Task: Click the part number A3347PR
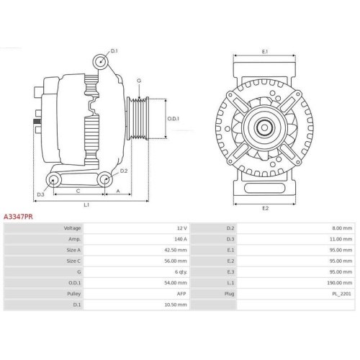click(x=18, y=215)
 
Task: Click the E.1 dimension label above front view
click(x=264, y=52)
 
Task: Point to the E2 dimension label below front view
click(x=264, y=208)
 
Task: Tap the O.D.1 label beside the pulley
click(x=174, y=118)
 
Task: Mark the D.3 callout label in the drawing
click(x=40, y=194)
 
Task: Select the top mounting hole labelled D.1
click(x=99, y=64)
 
